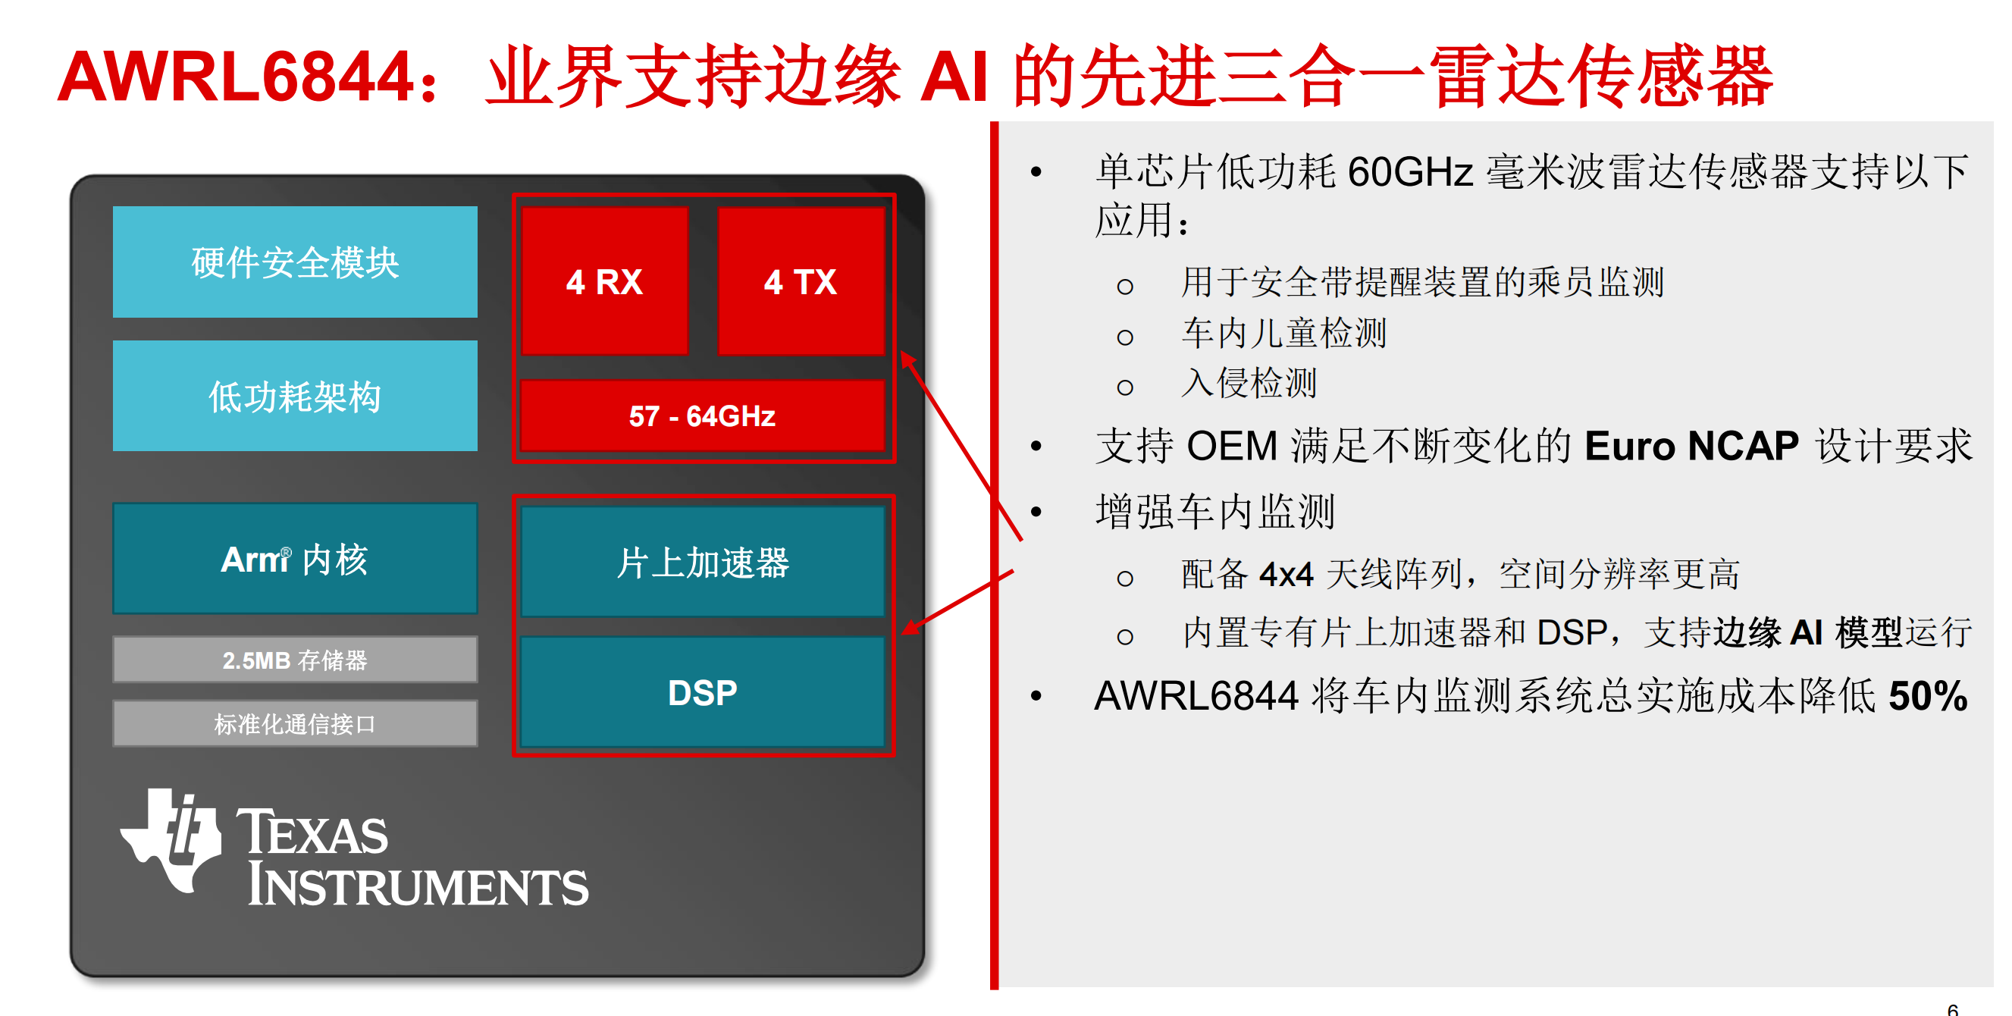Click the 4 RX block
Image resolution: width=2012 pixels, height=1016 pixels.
604,281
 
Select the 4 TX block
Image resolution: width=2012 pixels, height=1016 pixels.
801,281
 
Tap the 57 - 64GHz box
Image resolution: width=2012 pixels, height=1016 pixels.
702,415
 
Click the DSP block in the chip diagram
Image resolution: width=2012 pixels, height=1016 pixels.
702,692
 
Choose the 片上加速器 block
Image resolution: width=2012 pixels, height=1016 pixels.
702,562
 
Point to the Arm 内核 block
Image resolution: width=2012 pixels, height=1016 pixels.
294,558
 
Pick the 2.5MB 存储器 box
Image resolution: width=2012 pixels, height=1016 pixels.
294,660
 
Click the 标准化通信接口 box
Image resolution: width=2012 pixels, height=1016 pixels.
294,723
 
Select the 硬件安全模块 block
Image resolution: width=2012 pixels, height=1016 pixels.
294,262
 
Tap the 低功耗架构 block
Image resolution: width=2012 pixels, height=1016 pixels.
294,395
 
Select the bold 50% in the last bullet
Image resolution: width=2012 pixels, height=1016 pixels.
1928,695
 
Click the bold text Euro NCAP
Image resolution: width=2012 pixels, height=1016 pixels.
1691,446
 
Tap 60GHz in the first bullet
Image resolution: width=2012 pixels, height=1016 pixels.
1410,171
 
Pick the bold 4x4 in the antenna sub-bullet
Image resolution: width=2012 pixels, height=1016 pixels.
1286,574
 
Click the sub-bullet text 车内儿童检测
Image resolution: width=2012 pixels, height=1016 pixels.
1284,334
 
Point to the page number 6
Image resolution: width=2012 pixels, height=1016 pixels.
1953,1009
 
